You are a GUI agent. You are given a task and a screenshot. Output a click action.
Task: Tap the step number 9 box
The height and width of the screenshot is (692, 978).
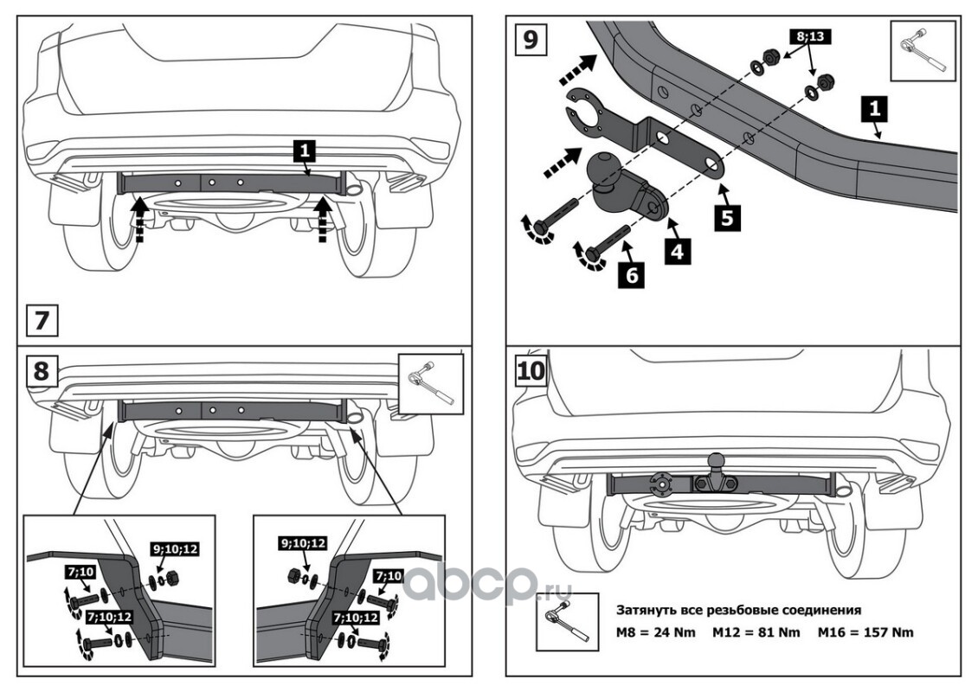pyautogui.click(x=529, y=40)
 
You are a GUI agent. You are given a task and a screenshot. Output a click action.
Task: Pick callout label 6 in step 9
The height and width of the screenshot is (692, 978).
pyautogui.click(x=628, y=277)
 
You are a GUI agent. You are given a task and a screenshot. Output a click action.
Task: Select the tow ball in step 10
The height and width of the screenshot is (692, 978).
pyautogui.click(x=716, y=461)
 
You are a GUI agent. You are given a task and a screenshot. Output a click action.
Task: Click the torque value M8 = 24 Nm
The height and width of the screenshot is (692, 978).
pyautogui.click(x=656, y=632)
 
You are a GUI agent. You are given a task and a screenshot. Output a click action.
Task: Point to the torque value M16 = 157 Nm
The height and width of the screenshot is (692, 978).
pyautogui.click(x=865, y=632)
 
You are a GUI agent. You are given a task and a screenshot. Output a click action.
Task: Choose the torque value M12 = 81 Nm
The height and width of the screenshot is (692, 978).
pyautogui.click(x=756, y=632)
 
